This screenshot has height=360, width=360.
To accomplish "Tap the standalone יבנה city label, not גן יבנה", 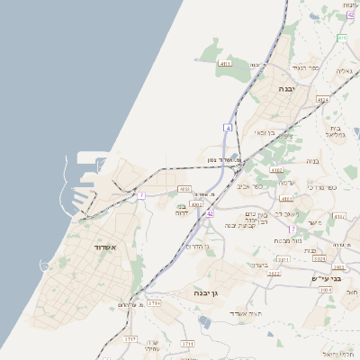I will (x=286, y=89).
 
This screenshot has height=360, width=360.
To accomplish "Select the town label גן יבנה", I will (x=206, y=292).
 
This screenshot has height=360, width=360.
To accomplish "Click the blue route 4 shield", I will (x=229, y=129).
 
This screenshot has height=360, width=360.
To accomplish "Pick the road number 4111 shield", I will (x=226, y=64).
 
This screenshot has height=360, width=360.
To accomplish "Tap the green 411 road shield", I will (x=342, y=38).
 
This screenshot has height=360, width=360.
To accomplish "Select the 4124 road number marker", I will (x=323, y=99).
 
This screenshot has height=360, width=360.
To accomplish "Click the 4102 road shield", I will (x=276, y=169).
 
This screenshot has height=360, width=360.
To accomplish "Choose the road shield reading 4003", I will (x=184, y=189).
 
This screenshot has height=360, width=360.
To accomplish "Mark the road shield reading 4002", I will (x=195, y=205).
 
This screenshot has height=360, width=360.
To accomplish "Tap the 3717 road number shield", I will (x=130, y=339).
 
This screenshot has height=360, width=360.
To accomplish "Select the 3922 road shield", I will (x=274, y=273).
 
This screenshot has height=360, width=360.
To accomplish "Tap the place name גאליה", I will (x=344, y=70).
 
